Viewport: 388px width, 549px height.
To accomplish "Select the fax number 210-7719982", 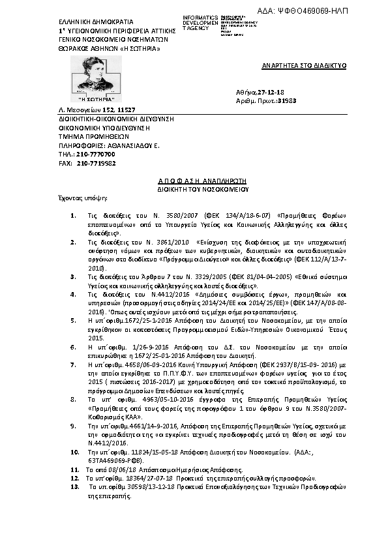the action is click(96, 163).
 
